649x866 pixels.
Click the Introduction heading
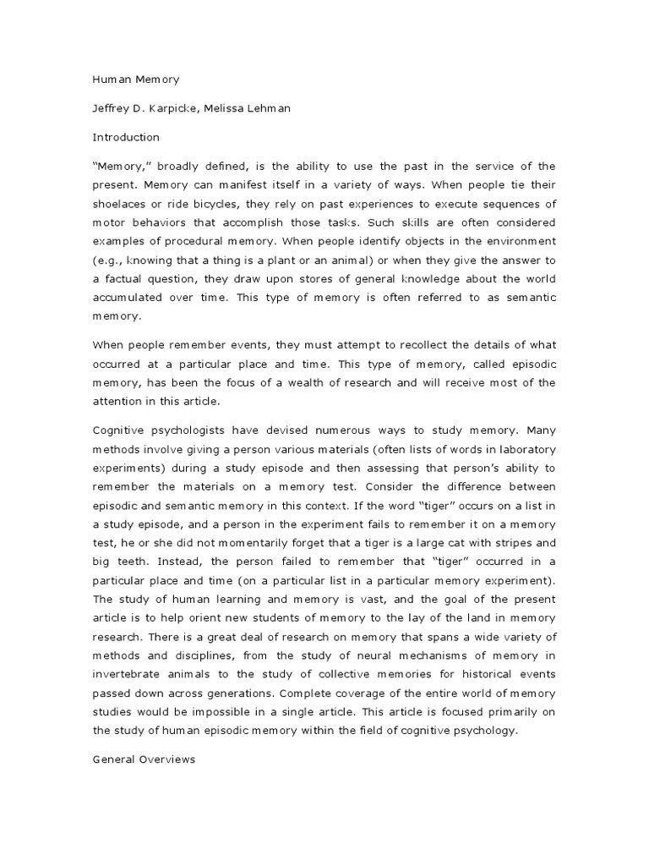125,136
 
